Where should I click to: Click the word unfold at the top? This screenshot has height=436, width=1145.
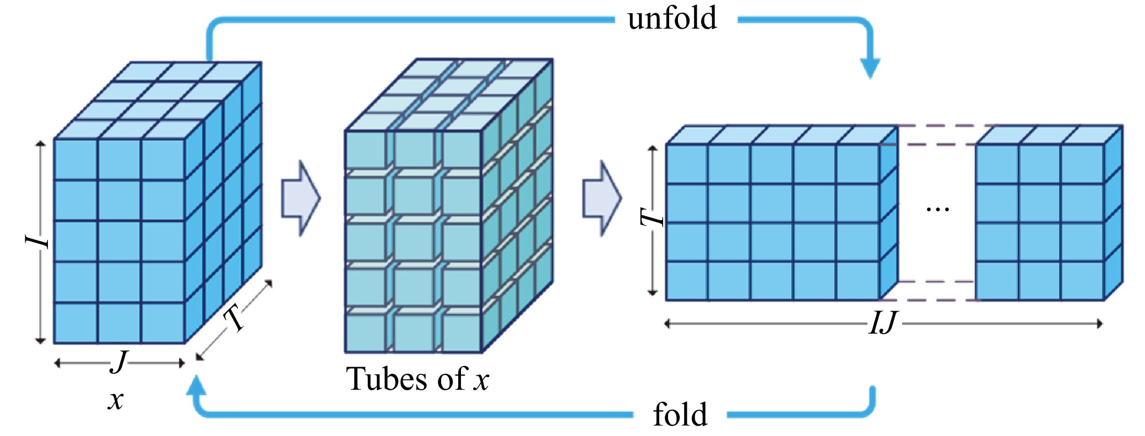tap(672, 19)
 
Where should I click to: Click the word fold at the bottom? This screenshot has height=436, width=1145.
tap(680, 415)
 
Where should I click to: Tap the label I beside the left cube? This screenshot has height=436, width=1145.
tap(36, 241)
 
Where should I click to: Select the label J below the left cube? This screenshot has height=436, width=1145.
tap(119, 362)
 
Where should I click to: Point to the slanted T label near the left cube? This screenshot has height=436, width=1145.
tap(235, 318)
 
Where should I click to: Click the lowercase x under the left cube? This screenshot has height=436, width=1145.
tap(116, 400)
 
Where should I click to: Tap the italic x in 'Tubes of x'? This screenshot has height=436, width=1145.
tap(481, 380)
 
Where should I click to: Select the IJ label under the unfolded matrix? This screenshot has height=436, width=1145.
tap(883, 323)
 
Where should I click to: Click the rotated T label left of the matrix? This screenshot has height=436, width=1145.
tap(653, 217)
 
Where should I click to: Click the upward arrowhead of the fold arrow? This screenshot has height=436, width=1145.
tap(196, 385)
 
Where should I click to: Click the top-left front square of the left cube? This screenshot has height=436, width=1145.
tap(76, 159)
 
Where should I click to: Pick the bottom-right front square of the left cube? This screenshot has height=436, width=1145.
tap(163, 323)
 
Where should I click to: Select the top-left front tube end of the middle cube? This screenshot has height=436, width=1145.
tap(365, 150)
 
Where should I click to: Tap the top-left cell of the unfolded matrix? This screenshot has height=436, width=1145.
tap(687, 163)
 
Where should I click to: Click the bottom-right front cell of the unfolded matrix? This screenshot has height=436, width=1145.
tap(1082, 281)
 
